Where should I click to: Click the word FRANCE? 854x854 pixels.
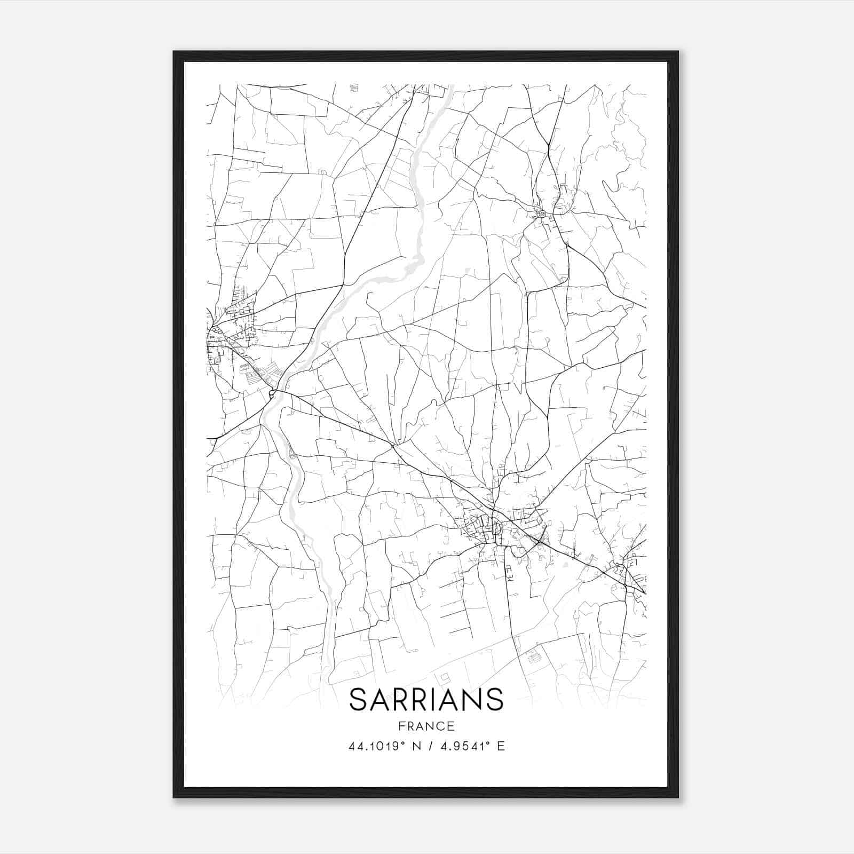pyautogui.click(x=426, y=726)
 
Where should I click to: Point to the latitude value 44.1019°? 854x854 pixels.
pyautogui.click(x=374, y=746)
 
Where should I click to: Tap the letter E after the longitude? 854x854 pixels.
pyautogui.click(x=501, y=746)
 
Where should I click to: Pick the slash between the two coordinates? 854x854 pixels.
pyautogui.click(x=429, y=746)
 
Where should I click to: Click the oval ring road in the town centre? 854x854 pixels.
pyautogui.click(x=497, y=528)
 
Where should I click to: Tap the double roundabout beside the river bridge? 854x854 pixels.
pyautogui.click(x=272, y=394)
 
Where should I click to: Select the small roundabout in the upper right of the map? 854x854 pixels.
pyautogui.click(x=542, y=213)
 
